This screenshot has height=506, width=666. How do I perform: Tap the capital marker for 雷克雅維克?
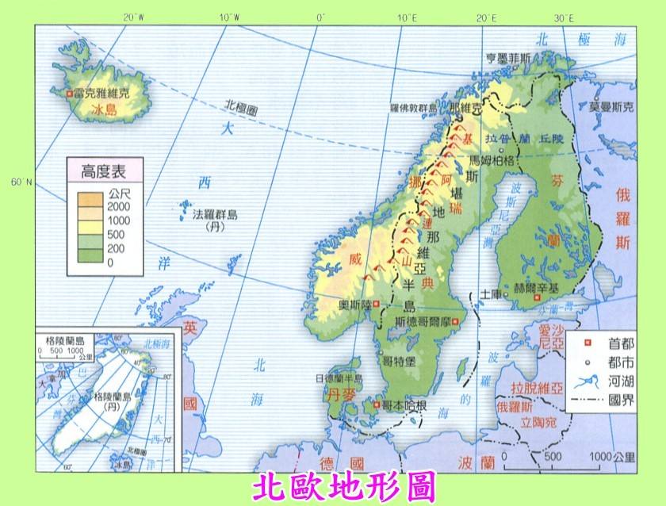(x=71, y=94)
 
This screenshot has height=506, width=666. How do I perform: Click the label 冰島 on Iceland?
(x=103, y=110)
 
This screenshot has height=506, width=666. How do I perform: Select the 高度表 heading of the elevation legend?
(x=106, y=169)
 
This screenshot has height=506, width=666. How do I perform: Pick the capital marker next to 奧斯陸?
(x=377, y=304)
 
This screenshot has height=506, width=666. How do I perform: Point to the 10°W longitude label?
(x=229, y=17)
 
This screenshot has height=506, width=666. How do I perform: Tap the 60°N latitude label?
(x=22, y=182)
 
